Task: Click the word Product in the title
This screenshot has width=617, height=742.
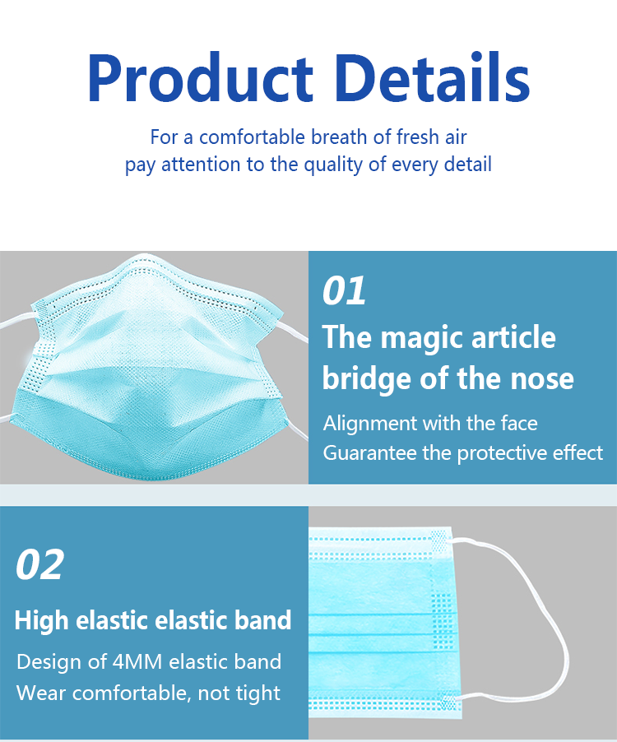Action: (x=200, y=77)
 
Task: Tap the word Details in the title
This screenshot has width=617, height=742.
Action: (x=434, y=77)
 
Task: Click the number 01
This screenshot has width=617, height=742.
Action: (x=344, y=290)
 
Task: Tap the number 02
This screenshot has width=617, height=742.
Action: (x=39, y=564)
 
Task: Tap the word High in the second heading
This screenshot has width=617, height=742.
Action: (x=42, y=620)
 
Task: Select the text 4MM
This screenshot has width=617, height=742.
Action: (x=137, y=661)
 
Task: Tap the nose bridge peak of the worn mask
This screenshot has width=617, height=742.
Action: (x=142, y=258)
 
